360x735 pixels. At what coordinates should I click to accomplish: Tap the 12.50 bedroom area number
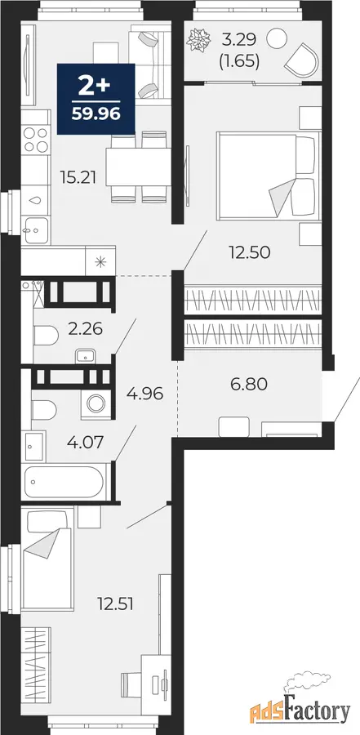tap(251, 252)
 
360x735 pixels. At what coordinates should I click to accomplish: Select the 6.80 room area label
tap(248, 385)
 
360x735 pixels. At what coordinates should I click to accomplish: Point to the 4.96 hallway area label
tap(144, 394)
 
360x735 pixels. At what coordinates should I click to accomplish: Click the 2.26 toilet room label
tap(86, 329)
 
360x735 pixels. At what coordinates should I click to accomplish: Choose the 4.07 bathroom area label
tap(85, 442)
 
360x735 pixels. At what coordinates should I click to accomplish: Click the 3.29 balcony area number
tap(239, 40)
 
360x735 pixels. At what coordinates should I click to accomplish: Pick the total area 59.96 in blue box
tap(96, 114)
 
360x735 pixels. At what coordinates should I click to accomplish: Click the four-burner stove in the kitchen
tap(36, 140)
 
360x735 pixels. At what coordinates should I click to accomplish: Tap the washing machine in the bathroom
tap(96, 403)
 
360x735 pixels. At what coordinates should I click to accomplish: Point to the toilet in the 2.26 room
tap(46, 336)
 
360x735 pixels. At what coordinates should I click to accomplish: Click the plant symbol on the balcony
tap(196, 40)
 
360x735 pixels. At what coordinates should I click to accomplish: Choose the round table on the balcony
tap(277, 38)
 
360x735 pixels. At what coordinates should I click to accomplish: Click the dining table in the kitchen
tap(138, 167)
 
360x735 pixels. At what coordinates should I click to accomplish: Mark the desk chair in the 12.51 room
tap(130, 684)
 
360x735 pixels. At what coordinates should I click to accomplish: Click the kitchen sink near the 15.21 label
tap(36, 230)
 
